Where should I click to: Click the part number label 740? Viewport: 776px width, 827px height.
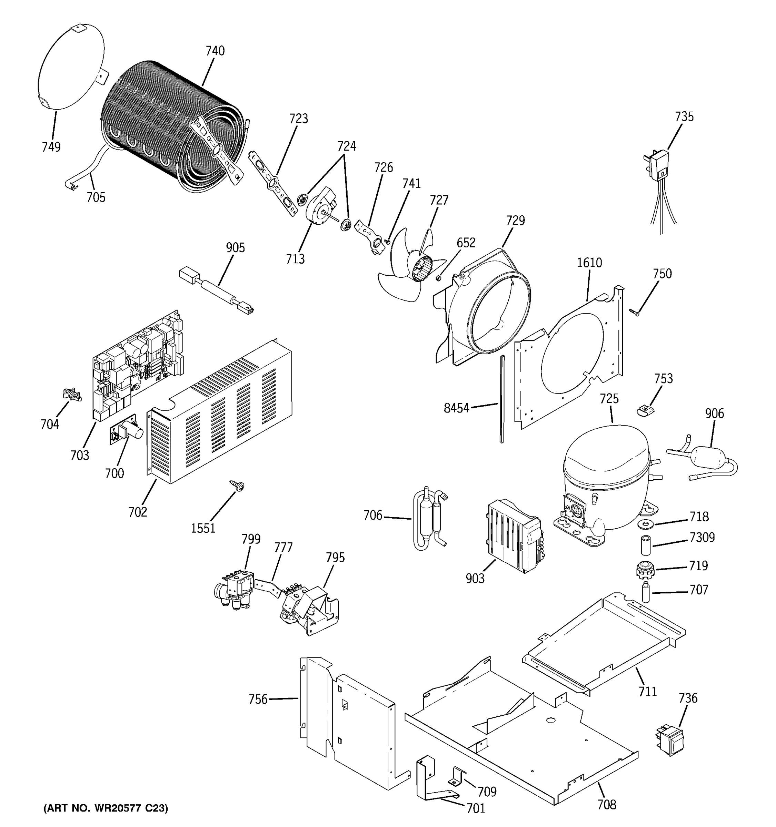tap(215, 51)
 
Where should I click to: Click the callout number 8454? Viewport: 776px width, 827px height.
tap(456, 408)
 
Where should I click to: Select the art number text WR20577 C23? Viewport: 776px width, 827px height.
tap(106, 808)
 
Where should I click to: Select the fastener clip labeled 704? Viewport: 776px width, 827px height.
tap(72, 394)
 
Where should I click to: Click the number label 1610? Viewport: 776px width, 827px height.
tap(589, 263)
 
